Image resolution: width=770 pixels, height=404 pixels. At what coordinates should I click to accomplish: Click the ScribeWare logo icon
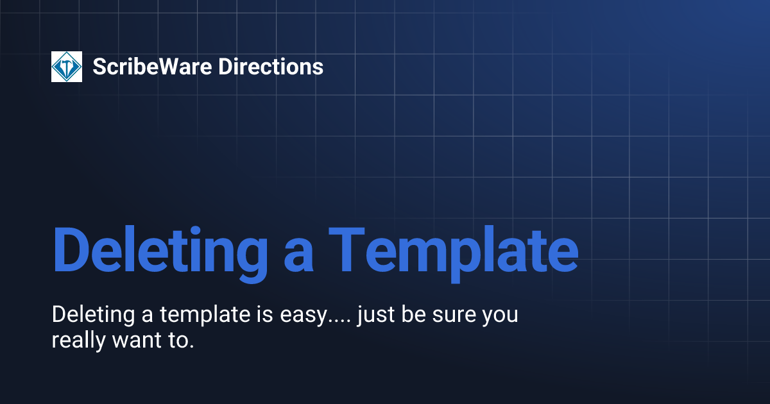(67, 67)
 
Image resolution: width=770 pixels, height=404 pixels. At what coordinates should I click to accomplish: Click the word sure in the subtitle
(448, 317)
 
